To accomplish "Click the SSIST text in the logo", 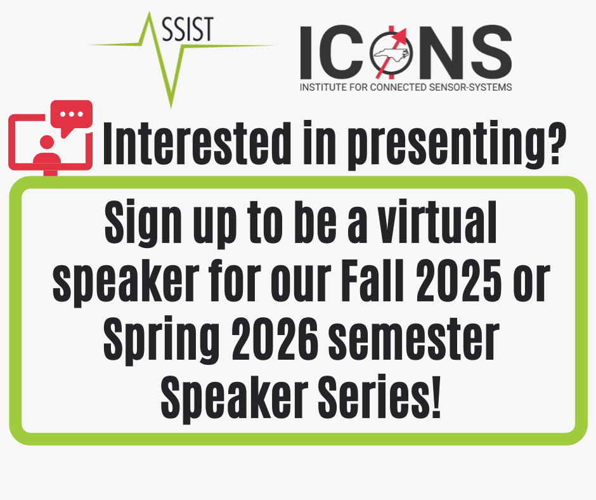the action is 188,29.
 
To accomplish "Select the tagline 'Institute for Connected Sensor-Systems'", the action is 406,87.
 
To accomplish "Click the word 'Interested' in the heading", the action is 197,143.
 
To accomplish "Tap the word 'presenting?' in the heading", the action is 457,145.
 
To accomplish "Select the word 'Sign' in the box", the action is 143,223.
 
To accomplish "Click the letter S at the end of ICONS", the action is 491,52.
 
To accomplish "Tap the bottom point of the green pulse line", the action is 171,108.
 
